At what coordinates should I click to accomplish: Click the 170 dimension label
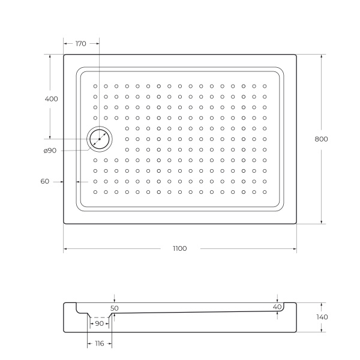81,43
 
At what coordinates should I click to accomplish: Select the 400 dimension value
52,99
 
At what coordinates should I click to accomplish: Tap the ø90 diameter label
50,150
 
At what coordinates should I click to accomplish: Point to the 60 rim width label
45,181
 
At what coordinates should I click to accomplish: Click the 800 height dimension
321,139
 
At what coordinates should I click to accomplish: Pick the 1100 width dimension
179,248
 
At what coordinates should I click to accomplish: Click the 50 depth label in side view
115,308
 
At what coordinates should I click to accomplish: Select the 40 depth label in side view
277,307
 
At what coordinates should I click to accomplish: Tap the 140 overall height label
322,317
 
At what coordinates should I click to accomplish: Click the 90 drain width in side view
100,323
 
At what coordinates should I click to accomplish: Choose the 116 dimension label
99,343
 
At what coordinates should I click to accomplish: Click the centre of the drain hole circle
99,139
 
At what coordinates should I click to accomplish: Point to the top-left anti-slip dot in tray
95,86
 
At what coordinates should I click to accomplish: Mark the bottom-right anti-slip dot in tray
264,192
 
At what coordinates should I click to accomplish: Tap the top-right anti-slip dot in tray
264,86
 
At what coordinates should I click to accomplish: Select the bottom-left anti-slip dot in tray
95,192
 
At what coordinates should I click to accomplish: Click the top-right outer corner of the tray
296,55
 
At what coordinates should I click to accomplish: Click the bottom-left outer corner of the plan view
64,224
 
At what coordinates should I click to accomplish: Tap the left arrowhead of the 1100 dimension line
65,248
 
